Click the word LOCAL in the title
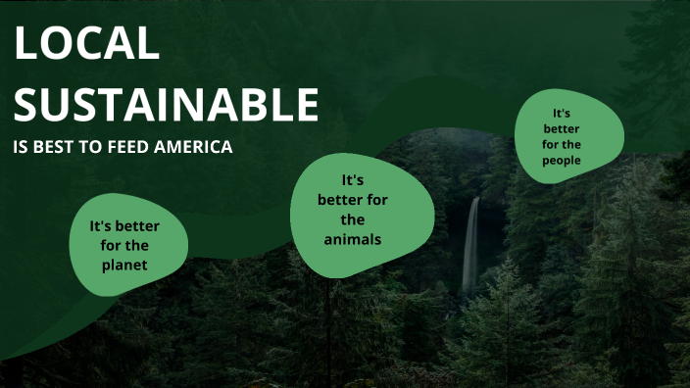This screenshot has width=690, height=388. (86, 44)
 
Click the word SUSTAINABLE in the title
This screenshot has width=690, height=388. (166, 104)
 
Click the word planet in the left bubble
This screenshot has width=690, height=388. (123, 265)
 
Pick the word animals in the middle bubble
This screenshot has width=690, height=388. (354, 238)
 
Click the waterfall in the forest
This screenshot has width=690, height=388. (471, 245)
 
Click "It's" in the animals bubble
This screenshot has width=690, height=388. (353, 180)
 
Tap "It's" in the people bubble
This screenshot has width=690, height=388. (562, 113)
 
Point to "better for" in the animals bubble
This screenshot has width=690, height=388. (353, 200)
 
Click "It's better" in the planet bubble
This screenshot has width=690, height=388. (124, 226)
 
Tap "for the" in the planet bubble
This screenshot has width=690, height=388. (124, 245)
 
